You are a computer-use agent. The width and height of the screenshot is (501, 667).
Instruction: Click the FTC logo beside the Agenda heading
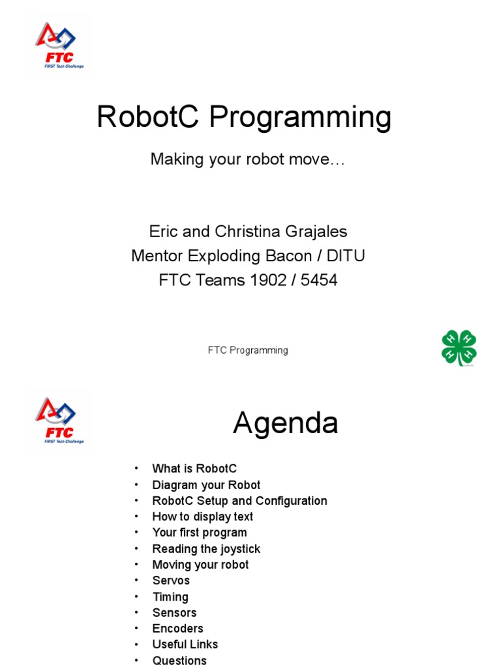59,421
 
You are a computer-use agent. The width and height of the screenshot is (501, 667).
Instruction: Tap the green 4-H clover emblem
459,348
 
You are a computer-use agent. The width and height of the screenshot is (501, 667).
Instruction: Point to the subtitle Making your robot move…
247,159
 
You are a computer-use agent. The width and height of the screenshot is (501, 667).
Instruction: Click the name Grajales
315,231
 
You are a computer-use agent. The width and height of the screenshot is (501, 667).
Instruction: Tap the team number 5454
319,280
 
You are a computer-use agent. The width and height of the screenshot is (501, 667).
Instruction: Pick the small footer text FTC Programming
248,350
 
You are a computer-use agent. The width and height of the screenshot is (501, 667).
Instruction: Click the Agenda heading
286,423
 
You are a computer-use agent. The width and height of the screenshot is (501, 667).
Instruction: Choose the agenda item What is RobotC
194,468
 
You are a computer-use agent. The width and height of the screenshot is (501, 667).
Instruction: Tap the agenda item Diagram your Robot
206,485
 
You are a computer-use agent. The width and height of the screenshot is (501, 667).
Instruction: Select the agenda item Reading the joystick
206,548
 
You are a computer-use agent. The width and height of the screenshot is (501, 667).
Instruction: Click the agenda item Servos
171,580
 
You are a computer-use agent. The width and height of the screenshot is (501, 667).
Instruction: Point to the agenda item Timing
170,597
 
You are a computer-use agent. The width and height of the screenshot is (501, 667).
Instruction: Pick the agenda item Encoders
177,629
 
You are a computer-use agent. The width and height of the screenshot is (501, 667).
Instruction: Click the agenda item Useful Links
185,644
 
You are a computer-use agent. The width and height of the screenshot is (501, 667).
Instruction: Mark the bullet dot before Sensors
137,613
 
